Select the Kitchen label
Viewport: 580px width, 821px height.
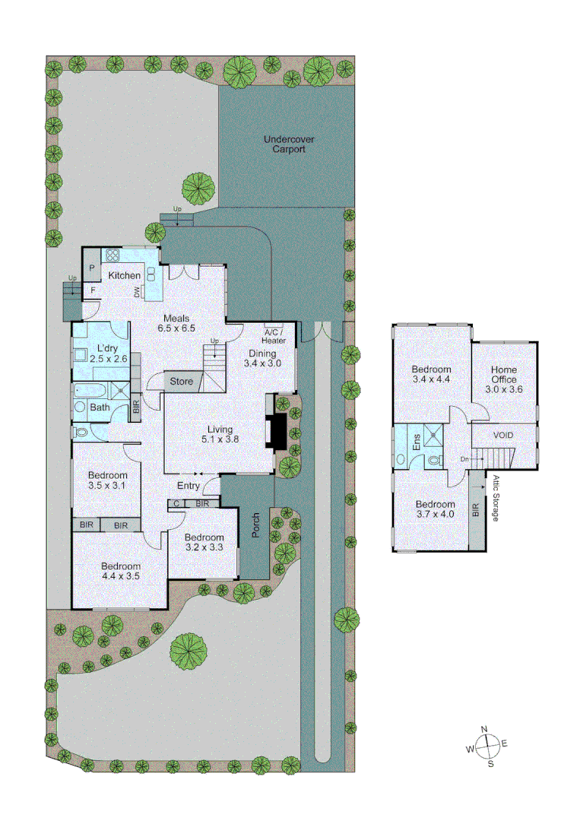(x=124, y=275)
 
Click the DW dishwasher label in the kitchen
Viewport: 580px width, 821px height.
(x=137, y=292)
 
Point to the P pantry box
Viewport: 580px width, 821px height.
(x=91, y=268)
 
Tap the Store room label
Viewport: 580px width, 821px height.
(x=182, y=381)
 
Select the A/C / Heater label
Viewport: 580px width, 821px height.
(x=274, y=337)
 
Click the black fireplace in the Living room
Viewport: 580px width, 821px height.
(x=277, y=431)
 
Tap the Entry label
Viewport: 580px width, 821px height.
(x=188, y=486)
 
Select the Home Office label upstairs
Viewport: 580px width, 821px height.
(x=504, y=379)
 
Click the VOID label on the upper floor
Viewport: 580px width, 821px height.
(x=503, y=436)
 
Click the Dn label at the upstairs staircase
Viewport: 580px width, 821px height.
(x=464, y=458)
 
